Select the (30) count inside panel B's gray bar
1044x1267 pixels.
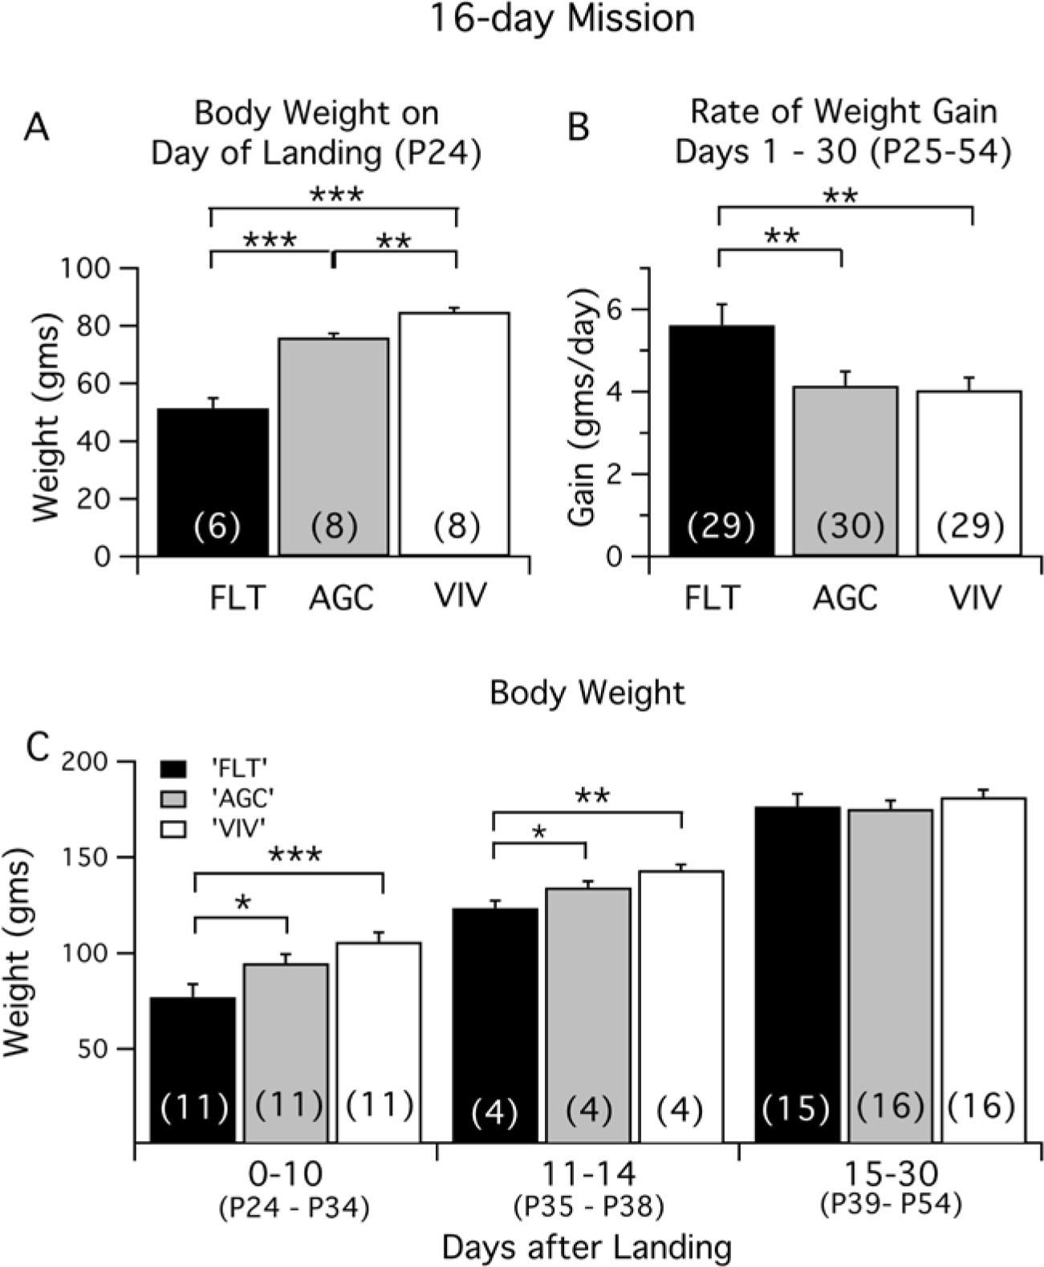pyautogui.click(x=850, y=526)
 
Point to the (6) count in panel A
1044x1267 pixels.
pyautogui.click(x=217, y=527)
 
